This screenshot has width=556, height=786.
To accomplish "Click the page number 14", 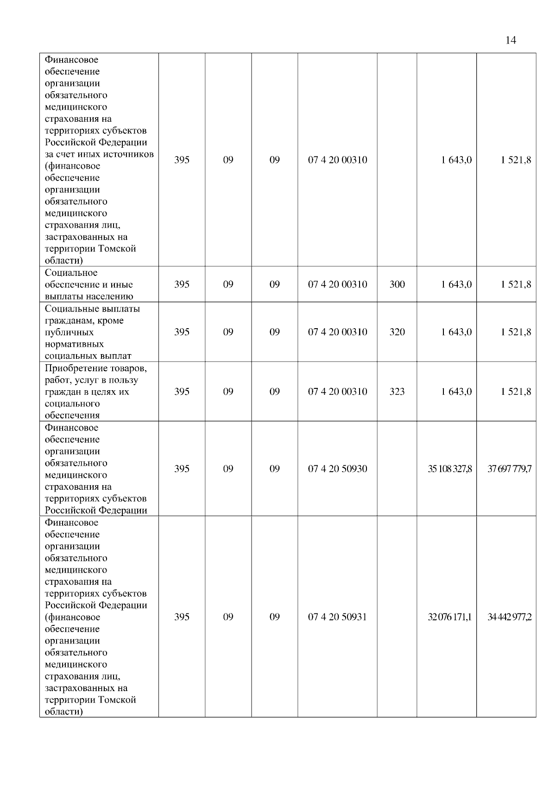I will point(511,40).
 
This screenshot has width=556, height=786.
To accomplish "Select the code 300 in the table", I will point(397,284).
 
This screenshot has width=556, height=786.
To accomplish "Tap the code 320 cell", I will point(397,332).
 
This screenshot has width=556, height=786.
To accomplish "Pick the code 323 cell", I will point(397,392).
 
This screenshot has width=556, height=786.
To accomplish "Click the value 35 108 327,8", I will point(450,469).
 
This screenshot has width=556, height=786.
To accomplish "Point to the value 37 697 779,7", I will point(509,469).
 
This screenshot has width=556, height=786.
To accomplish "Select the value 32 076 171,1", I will point(450,617).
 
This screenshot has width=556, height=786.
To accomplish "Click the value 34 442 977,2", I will point(509,617).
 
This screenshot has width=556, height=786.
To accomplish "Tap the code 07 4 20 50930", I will point(337,469).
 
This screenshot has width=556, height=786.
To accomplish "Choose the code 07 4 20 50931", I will point(337,617).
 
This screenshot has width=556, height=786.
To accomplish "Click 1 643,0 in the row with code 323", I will point(456,392).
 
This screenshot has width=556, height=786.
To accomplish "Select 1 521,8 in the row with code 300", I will point(516,284).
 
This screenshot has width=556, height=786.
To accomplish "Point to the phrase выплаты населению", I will point(89,297).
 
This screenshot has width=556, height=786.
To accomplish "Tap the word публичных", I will point(69,332).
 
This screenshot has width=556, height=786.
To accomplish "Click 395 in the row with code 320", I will point(182,332).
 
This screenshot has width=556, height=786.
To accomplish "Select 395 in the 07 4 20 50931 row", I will point(182,617).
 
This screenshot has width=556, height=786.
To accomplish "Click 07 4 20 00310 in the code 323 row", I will point(337,392).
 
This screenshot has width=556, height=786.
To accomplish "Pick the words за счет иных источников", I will point(99,154).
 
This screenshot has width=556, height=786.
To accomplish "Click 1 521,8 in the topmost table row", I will point(516,160).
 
